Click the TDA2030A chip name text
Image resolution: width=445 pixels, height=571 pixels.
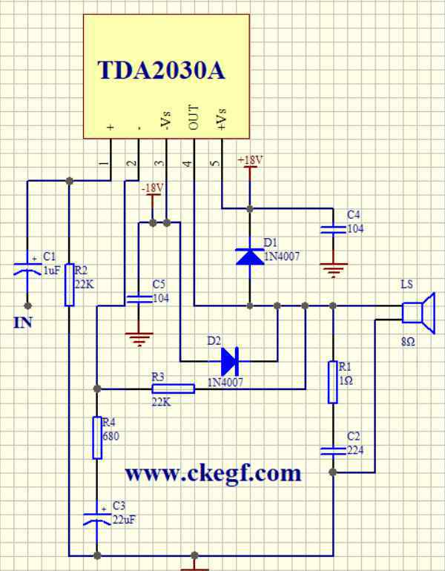(162, 70)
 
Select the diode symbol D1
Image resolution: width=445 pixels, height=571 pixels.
(250, 257)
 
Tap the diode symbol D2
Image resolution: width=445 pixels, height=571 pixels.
(230, 361)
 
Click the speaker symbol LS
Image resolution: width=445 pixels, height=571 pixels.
(419, 313)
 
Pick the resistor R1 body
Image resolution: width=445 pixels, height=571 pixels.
(333, 382)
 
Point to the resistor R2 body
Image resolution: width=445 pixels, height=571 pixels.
(70, 285)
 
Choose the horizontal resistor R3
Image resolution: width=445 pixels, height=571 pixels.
(174, 389)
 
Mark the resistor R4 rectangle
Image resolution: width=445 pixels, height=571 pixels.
(97, 438)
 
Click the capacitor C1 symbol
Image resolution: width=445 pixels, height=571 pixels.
(27, 268)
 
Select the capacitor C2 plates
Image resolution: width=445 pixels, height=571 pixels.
(333, 451)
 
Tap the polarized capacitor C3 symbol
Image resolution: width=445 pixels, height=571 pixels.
(97, 519)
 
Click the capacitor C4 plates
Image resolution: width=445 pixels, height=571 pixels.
(333, 229)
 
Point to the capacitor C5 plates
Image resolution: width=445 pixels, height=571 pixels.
(139, 299)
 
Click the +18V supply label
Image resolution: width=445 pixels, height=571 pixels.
(250, 160)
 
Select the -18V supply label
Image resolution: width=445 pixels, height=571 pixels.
(153, 188)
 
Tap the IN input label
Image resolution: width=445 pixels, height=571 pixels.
(23, 323)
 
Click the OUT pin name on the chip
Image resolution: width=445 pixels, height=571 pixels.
(194, 118)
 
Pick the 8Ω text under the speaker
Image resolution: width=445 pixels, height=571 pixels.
(408, 342)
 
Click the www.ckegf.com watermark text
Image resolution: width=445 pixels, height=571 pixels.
(214, 474)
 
